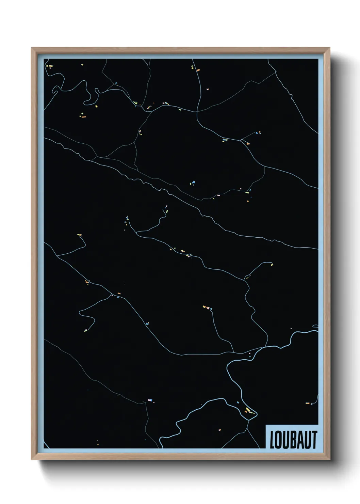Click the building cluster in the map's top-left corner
tap(50, 66)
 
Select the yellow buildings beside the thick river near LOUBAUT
tap(249, 411)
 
